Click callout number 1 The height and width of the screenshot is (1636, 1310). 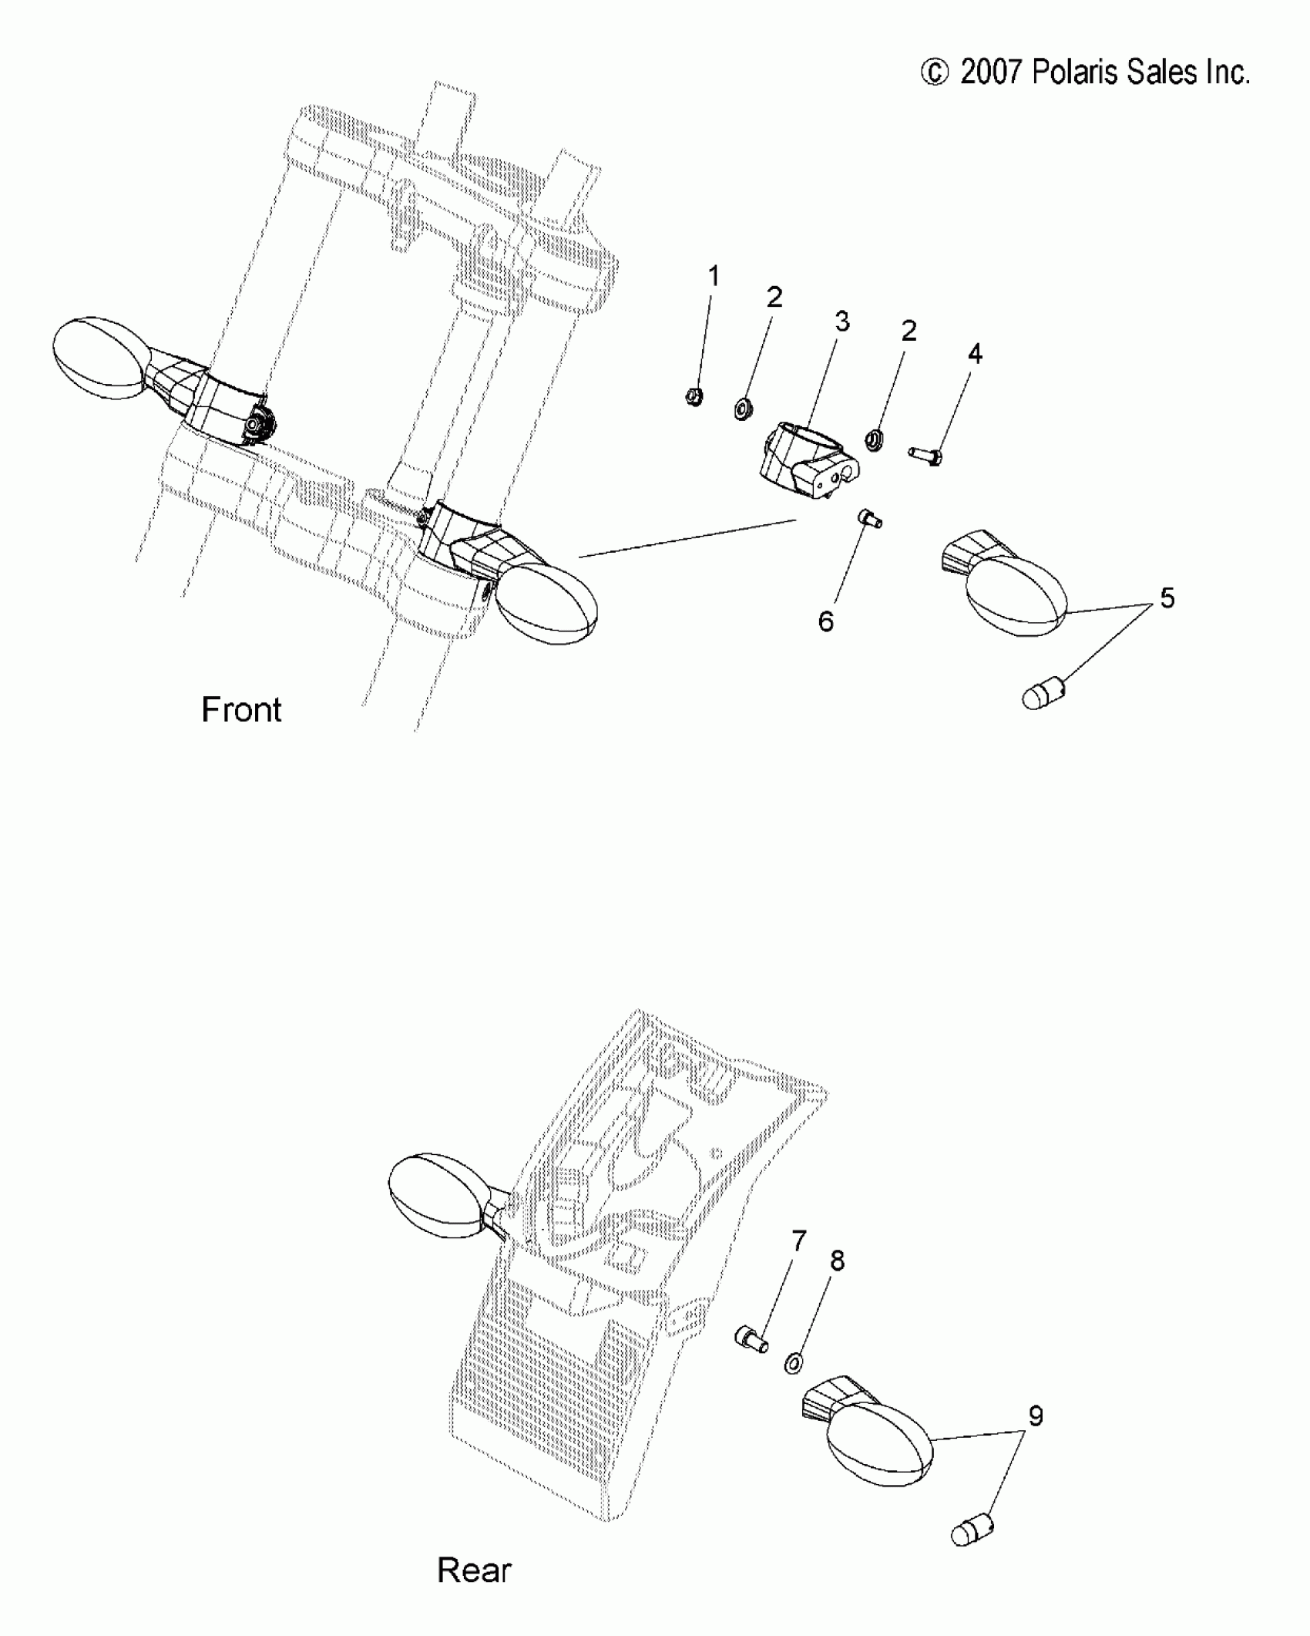[x=714, y=276]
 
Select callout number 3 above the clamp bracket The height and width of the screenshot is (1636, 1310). [x=842, y=321]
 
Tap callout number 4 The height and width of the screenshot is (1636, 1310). [x=975, y=354]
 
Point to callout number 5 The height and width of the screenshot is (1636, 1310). [x=1167, y=598]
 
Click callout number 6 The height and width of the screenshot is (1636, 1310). [x=826, y=621]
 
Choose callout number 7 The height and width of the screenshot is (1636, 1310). [x=799, y=1240]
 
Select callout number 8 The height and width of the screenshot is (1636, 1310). [x=838, y=1261]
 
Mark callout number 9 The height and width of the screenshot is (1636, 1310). [x=1036, y=1416]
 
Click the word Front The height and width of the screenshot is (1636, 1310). [x=241, y=709]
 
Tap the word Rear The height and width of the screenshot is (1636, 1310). [x=474, y=1570]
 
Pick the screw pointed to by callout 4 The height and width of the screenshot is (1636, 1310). [x=925, y=456]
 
